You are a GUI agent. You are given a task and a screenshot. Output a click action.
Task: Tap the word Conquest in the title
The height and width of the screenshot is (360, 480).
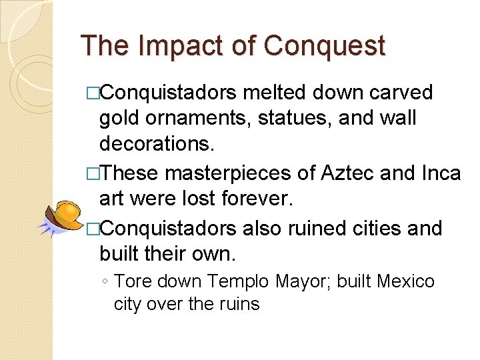(325, 46)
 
